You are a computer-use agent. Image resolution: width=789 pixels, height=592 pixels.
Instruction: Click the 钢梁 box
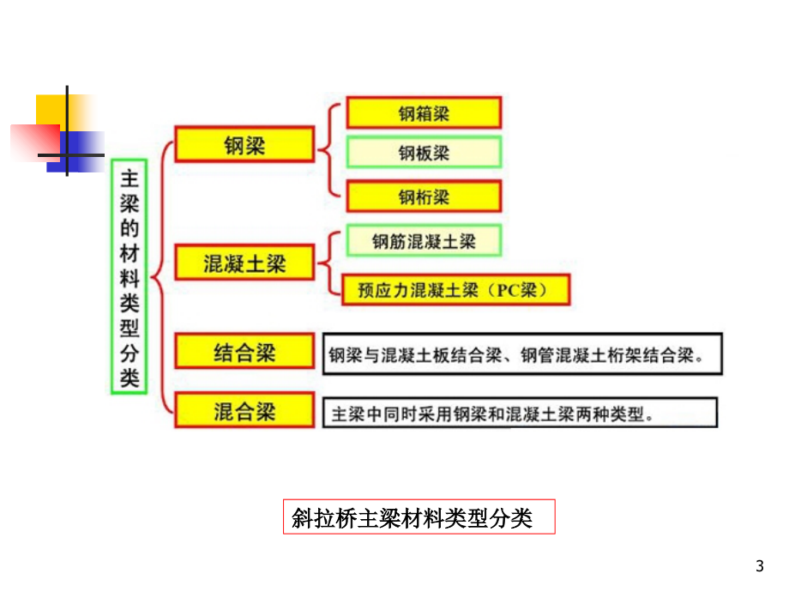pos(244,144)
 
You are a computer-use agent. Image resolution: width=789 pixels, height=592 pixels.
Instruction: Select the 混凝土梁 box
pos(244,263)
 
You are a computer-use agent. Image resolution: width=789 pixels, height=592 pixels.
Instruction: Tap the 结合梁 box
pos(244,352)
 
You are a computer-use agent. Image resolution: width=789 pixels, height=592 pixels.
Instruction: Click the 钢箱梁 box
pos(423,112)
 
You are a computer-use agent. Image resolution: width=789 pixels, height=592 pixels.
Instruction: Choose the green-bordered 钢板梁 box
pos(423,154)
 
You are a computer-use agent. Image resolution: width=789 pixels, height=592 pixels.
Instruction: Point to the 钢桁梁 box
pos(423,196)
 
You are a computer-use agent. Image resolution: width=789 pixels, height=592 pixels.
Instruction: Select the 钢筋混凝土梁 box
pos(423,242)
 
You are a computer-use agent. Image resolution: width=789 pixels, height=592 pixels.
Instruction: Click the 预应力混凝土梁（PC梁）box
pos(455,289)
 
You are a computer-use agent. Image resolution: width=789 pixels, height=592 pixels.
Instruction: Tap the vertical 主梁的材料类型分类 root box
pos(129,276)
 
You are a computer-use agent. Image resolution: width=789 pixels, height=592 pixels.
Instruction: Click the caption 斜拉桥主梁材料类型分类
pos(419,517)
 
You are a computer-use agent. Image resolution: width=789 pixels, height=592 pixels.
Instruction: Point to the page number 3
pos(758,565)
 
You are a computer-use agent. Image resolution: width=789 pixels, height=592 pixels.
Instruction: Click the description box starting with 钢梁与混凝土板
pos(522,353)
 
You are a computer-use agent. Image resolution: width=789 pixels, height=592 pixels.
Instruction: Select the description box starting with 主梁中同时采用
pos(520,412)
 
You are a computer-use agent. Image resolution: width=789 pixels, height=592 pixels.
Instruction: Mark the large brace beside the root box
pos(160,276)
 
